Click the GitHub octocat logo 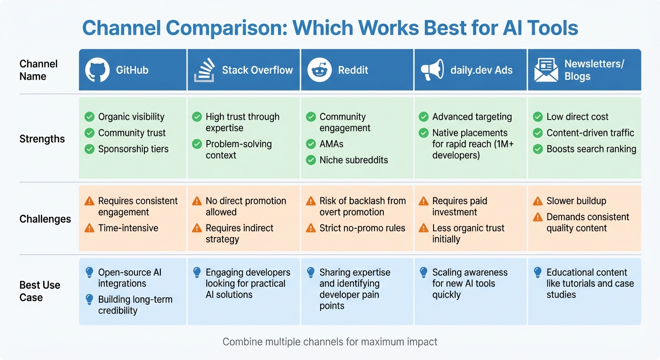pos(97,70)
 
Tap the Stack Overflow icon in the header pos(204,70)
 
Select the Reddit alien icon pos(319,70)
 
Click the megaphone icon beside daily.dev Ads pos(432,70)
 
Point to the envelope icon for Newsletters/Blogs pos(546,70)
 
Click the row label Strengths pos(42,139)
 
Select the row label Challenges pos(45,219)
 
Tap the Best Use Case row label pos(40,291)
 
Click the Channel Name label pos(38,70)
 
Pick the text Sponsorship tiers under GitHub pos(133,149)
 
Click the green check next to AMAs pos(311,144)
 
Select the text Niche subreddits pos(353,160)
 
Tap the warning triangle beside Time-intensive pos(89,228)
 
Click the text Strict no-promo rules pos(362,228)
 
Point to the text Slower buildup pos(576,201)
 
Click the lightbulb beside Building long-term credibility pos(89,300)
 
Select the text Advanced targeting pos(472,117)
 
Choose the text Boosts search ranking pos(591,149)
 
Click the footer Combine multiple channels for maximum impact pos(330,342)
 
